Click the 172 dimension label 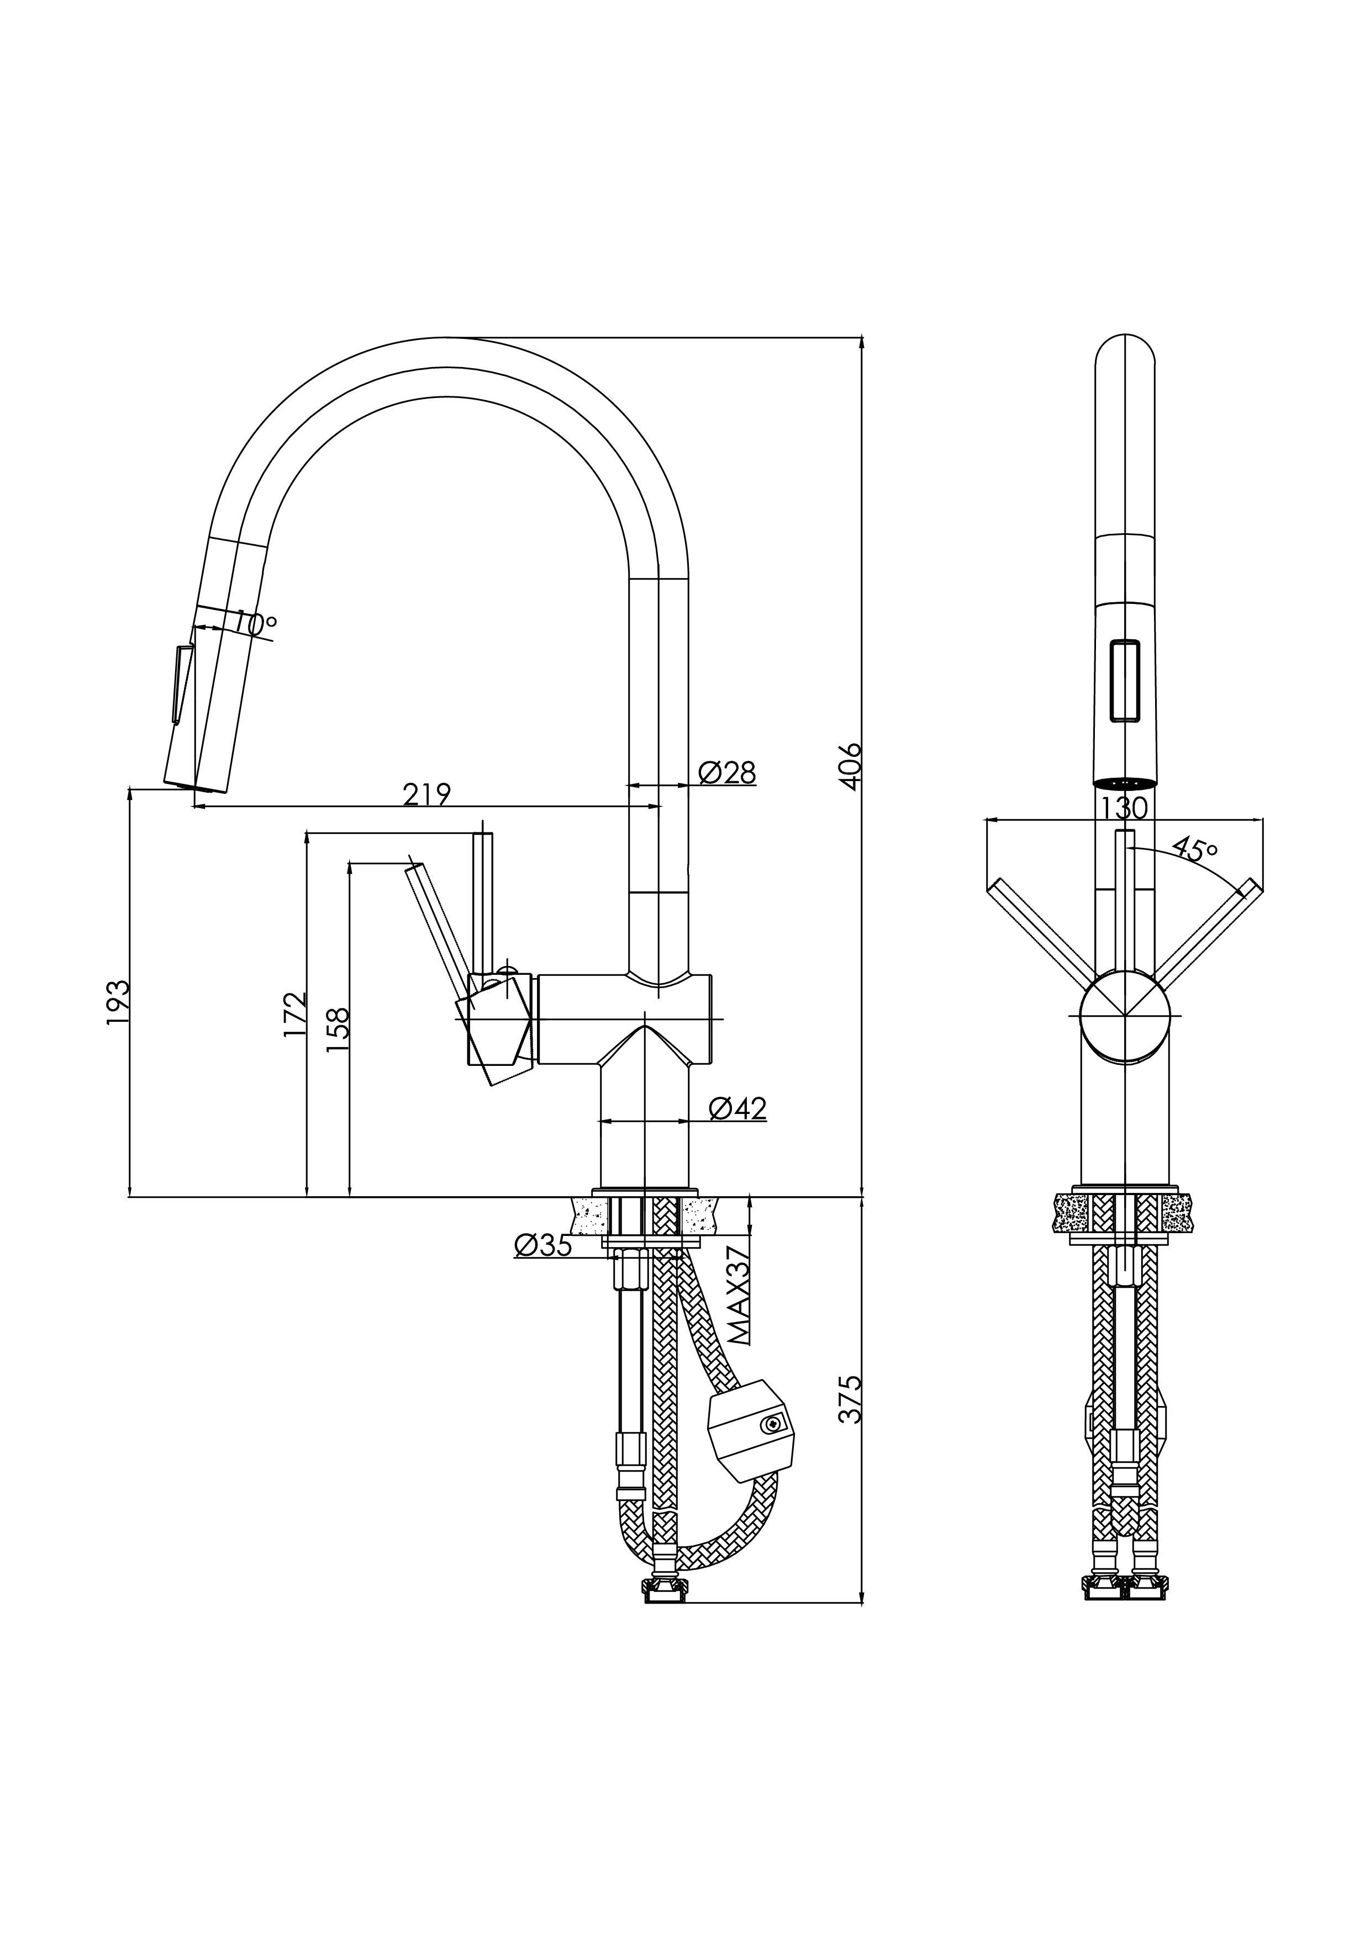(x=294, y=1015)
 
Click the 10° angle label (x=255, y=624)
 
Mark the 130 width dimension (x=1124, y=808)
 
